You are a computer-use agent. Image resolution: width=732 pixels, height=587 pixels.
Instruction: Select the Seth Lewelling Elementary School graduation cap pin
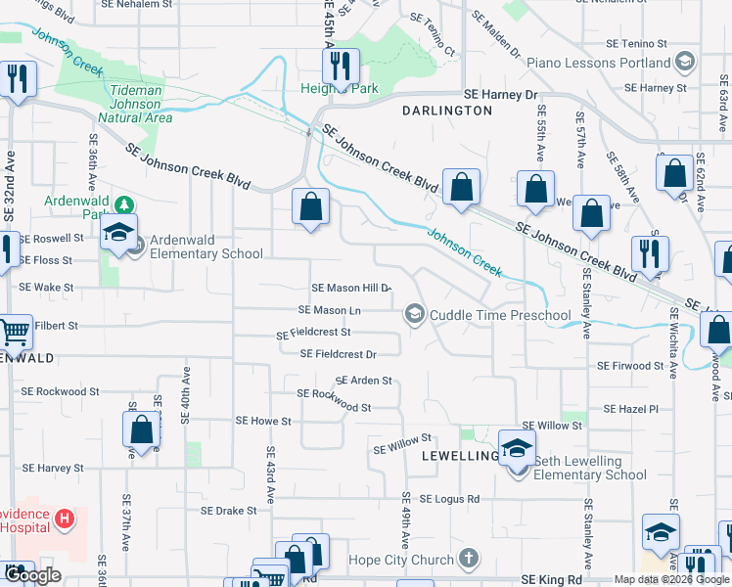pos(517,447)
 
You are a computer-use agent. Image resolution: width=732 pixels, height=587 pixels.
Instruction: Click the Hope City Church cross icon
pos(469,559)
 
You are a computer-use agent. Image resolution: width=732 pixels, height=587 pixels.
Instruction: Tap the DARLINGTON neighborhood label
pos(447,111)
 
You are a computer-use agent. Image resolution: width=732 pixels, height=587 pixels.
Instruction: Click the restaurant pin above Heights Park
pos(341,66)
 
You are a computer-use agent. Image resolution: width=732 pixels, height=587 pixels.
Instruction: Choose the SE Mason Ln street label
pos(330,310)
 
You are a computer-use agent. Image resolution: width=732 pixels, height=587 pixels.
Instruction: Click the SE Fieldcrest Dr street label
pos(338,353)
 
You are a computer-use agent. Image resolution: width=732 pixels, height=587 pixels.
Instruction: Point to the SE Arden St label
pos(363,381)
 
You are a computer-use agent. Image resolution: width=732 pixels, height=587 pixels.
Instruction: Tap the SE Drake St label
pos(228,511)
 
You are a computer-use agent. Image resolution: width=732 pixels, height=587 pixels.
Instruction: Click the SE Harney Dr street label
pos(501,95)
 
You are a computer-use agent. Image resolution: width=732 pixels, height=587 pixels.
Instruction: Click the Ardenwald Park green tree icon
pos(124,205)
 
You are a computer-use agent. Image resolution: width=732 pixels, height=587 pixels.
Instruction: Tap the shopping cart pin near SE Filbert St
pos(14,334)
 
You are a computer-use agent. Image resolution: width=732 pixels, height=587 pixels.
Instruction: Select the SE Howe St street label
pos(263,421)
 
